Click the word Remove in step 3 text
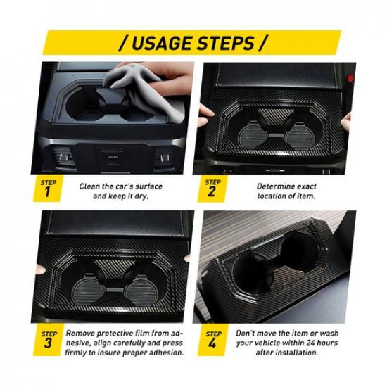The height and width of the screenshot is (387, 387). coord(82,331)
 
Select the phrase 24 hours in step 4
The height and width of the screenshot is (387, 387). coord(323,341)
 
